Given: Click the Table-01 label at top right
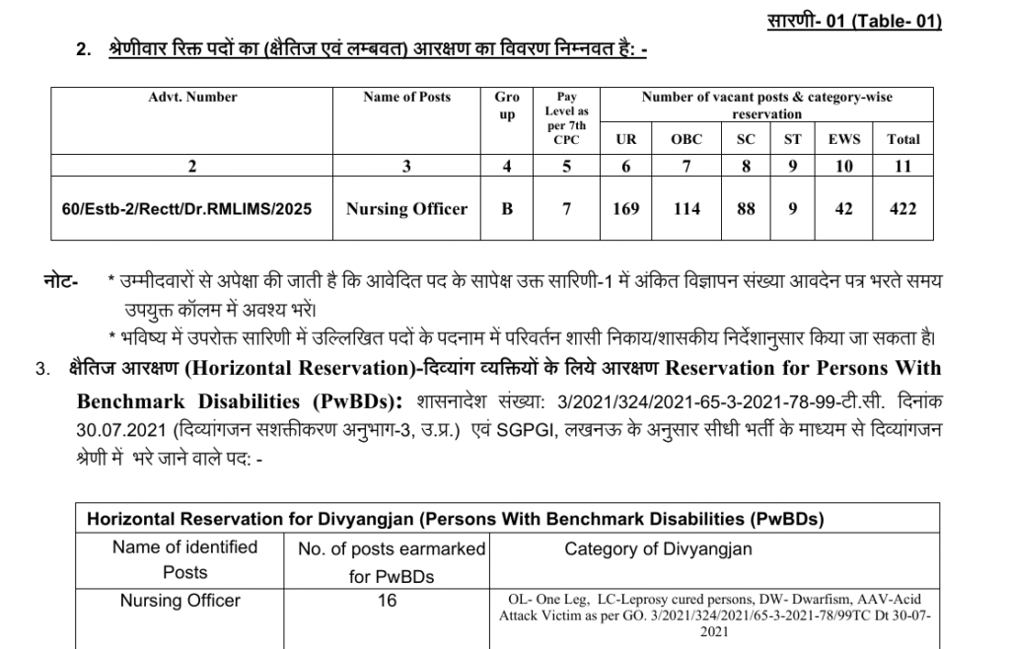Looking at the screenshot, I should (853, 22).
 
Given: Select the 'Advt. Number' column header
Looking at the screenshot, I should (192, 97).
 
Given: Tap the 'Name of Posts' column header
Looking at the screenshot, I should (406, 97).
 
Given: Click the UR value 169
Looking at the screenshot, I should (625, 208).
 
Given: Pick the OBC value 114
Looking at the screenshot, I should (686, 208).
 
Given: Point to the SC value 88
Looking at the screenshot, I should (746, 208).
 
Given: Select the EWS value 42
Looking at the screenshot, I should (843, 208).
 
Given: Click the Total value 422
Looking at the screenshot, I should (902, 208).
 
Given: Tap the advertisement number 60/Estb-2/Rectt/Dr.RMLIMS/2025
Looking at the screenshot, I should (192, 209).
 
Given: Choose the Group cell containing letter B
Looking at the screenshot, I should (507, 208).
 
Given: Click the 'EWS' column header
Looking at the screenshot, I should (843, 139).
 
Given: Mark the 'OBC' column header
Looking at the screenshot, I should (686, 139).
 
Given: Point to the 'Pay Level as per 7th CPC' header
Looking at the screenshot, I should (566, 118).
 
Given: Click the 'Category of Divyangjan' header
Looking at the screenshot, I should (658, 549).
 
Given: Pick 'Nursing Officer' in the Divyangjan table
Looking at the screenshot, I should (180, 600).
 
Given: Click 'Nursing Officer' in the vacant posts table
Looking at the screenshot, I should (406, 208).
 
